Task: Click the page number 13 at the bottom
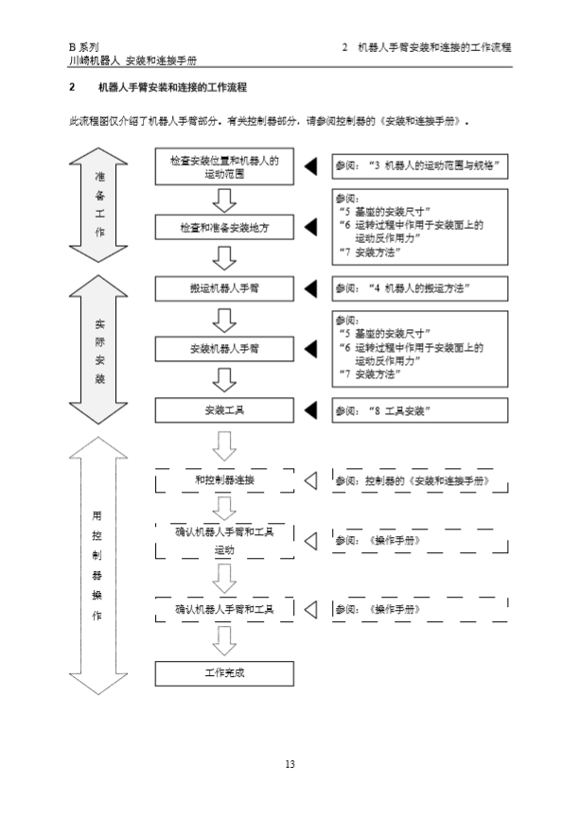tap(289, 764)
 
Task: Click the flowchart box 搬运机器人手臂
tap(224, 288)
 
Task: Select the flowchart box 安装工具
tap(224, 410)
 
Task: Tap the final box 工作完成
tap(224, 673)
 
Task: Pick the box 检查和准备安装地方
tap(224, 228)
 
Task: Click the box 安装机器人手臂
tap(224, 349)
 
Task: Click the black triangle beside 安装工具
tap(310, 410)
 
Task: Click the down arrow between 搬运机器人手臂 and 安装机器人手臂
tap(224, 320)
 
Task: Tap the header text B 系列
tap(84, 46)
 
